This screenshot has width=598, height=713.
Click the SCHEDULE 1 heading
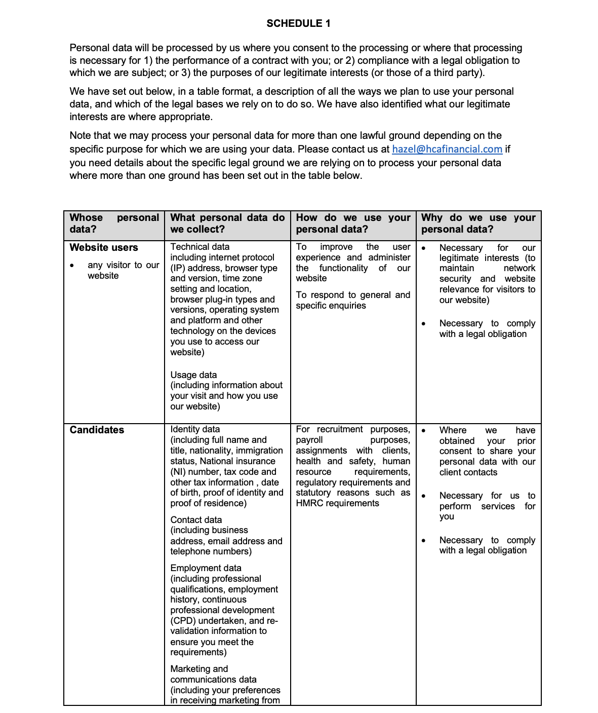click(298, 23)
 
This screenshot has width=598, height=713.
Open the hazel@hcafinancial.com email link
click(447, 149)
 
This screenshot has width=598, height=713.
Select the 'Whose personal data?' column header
click(114, 223)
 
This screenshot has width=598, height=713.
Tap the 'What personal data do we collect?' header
click(227, 223)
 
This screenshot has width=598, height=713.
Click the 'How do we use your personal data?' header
click(353, 223)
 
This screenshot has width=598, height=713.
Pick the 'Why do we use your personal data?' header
click(478, 223)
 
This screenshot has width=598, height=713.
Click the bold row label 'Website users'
click(104, 247)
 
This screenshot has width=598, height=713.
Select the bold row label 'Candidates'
click(97, 430)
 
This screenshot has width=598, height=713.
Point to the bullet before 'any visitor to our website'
click(72, 265)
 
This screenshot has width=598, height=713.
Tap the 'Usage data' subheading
click(193, 375)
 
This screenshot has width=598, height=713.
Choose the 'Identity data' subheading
click(195, 429)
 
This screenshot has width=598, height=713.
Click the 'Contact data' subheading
click(196, 520)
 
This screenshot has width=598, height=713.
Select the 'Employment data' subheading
click(206, 568)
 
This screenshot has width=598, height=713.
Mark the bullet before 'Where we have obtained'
click(423, 431)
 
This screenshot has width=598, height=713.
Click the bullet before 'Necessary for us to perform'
click(423, 496)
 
